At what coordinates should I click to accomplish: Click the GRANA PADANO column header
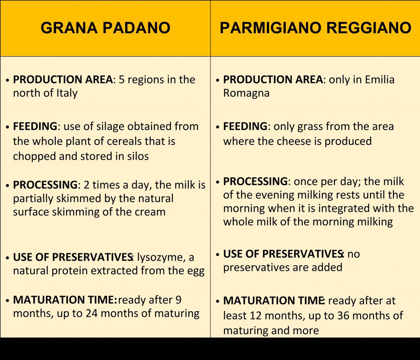[x=105, y=28]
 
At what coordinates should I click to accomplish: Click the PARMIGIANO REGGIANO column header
[x=315, y=28]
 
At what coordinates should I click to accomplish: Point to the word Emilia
[x=379, y=80]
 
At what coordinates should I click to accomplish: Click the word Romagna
[x=246, y=93]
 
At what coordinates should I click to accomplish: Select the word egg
[x=196, y=271]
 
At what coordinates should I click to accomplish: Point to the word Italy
[x=67, y=93]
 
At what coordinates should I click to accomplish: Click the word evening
[x=274, y=195]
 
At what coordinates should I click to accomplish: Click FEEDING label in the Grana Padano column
[x=35, y=126]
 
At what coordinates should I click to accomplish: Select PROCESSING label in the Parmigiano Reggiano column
[x=255, y=181]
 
